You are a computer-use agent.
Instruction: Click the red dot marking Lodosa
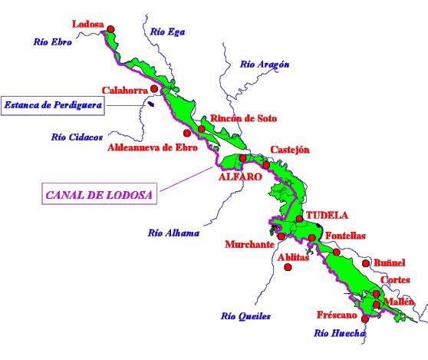[110, 29]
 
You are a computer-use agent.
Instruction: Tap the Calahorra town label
[125, 91]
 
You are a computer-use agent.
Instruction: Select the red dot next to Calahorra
[154, 88]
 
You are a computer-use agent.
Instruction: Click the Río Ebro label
[53, 42]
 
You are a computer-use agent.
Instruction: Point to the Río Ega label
[168, 32]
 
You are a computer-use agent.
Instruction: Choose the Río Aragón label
[265, 64]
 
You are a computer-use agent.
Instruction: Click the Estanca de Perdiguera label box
[53, 106]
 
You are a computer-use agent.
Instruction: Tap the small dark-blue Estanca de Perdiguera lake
[151, 104]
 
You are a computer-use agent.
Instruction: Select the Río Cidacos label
[77, 137]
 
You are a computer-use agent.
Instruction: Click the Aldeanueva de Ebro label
[153, 147]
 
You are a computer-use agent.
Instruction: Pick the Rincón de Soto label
[243, 118]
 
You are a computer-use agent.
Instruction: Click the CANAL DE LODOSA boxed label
[100, 193]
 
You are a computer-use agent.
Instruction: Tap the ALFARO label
[240, 177]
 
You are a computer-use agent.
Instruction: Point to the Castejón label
[290, 150]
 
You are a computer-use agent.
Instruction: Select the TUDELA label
[327, 215]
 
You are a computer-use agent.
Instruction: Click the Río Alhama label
[173, 233]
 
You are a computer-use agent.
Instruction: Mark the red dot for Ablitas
[288, 267]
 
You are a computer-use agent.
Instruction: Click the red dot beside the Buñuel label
[366, 263]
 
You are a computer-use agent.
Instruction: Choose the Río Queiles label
[245, 316]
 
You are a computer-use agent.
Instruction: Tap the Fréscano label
[337, 315]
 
